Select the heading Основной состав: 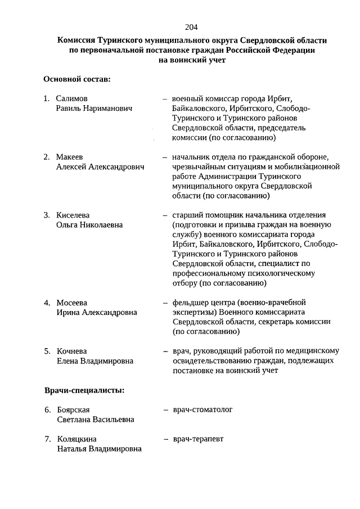(x=76, y=79)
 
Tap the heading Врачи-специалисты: (x=84, y=390)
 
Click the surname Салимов (x=72, y=98)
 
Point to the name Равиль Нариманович (x=94, y=108)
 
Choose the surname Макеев (x=71, y=157)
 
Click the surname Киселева (x=73, y=215)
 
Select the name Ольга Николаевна (x=90, y=225)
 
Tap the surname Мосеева (x=72, y=303)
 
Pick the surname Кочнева (x=73, y=351)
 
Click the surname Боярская (x=74, y=409)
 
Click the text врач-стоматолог (x=202, y=409)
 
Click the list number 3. (x=47, y=215)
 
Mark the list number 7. (x=47, y=439)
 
